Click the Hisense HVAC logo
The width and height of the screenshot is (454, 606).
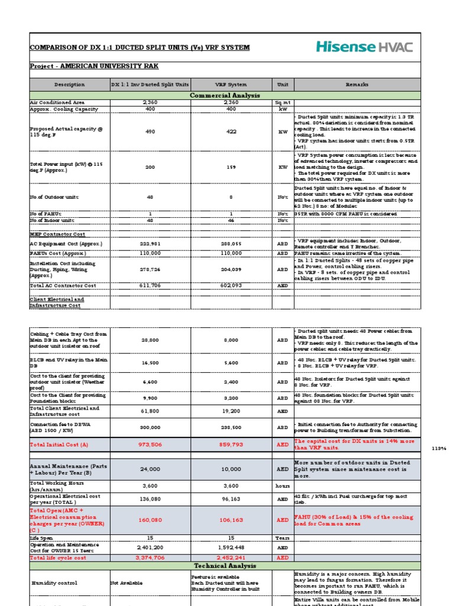tap(364, 47)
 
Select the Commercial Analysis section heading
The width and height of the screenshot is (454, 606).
tap(225, 95)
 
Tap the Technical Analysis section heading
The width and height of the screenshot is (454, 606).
tap(225, 566)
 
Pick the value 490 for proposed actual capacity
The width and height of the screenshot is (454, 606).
tap(150, 132)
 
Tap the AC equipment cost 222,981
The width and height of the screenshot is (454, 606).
tap(150, 244)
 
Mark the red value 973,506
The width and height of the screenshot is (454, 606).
tap(150, 444)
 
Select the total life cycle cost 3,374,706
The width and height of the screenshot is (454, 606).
tap(150, 557)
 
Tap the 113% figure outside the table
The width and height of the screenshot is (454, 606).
tap(440, 448)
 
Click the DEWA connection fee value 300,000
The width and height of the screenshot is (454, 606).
tap(150, 427)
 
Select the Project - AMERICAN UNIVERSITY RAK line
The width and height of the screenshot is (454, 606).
tap(95, 66)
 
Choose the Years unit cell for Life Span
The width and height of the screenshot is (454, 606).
tap(283, 537)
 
